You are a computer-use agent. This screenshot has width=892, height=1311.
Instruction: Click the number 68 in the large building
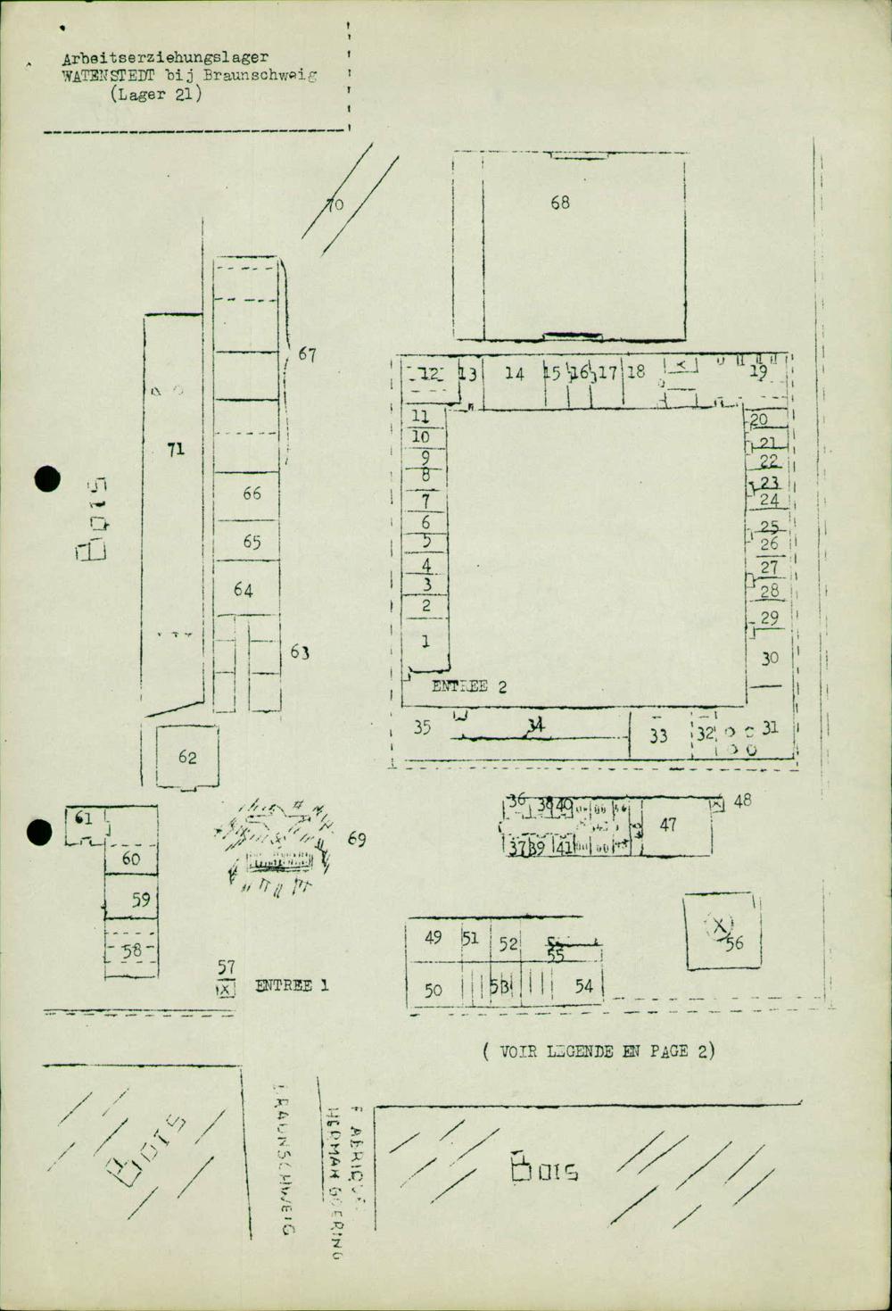click(x=559, y=203)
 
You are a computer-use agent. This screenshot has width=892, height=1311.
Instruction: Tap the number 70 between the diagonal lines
click(x=334, y=206)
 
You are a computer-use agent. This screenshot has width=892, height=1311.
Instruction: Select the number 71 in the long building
click(x=176, y=449)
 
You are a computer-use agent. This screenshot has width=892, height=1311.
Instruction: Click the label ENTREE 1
click(x=292, y=986)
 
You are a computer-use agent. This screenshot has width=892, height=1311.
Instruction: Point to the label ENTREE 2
click(x=469, y=686)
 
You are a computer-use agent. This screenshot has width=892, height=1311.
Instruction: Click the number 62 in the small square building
click(x=187, y=758)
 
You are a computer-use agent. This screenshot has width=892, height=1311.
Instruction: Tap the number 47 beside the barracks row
click(x=668, y=825)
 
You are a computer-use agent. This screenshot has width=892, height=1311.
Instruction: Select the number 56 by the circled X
click(x=735, y=942)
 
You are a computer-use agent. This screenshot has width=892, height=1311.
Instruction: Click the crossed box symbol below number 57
click(x=226, y=988)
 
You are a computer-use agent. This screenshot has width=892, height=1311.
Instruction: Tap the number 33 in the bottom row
click(x=658, y=736)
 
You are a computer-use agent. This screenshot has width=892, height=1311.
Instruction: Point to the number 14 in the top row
click(x=515, y=373)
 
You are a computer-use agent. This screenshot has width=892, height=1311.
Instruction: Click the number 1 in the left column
click(x=425, y=640)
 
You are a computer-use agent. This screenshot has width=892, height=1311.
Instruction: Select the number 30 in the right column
click(x=770, y=658)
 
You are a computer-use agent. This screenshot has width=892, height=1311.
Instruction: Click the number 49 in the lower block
click(x=434, y=937)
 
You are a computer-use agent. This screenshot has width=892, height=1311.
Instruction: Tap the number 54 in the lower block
click(x=583, y=986)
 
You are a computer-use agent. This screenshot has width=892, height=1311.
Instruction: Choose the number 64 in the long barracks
click(x=244, y=590)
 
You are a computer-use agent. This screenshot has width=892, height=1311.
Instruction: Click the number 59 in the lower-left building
click(x=141, y=900)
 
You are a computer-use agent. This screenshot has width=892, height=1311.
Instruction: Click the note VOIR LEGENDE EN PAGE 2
click(x=599, y=1051)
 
